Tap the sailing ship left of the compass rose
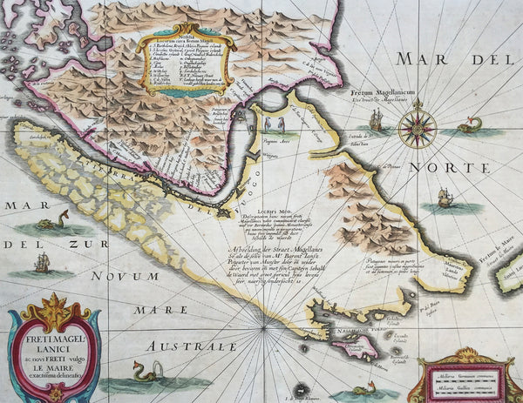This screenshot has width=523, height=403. [377, 120]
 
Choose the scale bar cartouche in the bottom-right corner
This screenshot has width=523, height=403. [465, 376]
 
